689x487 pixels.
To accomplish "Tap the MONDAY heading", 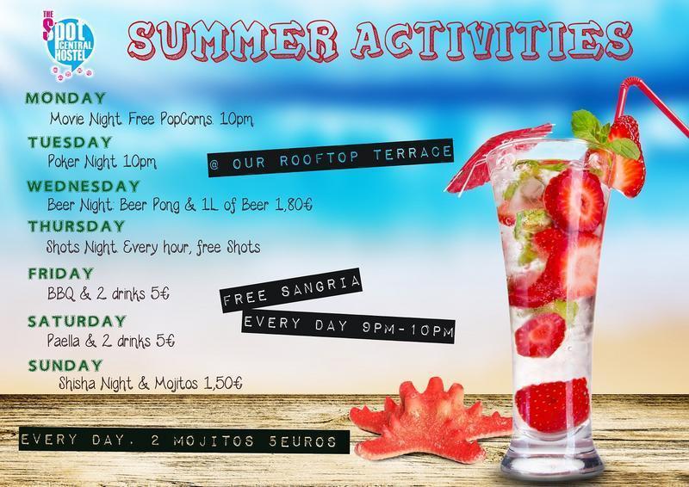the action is [x=65, y=97].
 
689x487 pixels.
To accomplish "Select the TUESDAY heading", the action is [x=71, y=142].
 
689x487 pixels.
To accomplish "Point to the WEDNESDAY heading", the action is [x=84, y=186].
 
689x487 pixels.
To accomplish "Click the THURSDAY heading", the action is [x=77, y=226].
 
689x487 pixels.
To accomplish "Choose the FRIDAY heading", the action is [x=61, y=273].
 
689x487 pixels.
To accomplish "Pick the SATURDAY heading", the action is [x=78, y=321].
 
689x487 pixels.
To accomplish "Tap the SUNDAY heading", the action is [x=65, y=366].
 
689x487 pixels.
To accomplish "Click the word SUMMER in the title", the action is [x=233, y=40].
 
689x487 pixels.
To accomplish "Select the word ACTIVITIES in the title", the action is [x=492, y=40].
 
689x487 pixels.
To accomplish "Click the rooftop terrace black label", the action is [x=331, y=158].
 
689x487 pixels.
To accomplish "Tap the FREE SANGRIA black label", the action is [x=291, y=290].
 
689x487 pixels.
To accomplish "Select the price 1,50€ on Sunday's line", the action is [x=223, y=384].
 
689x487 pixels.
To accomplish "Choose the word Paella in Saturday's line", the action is [x=64, y=342].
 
